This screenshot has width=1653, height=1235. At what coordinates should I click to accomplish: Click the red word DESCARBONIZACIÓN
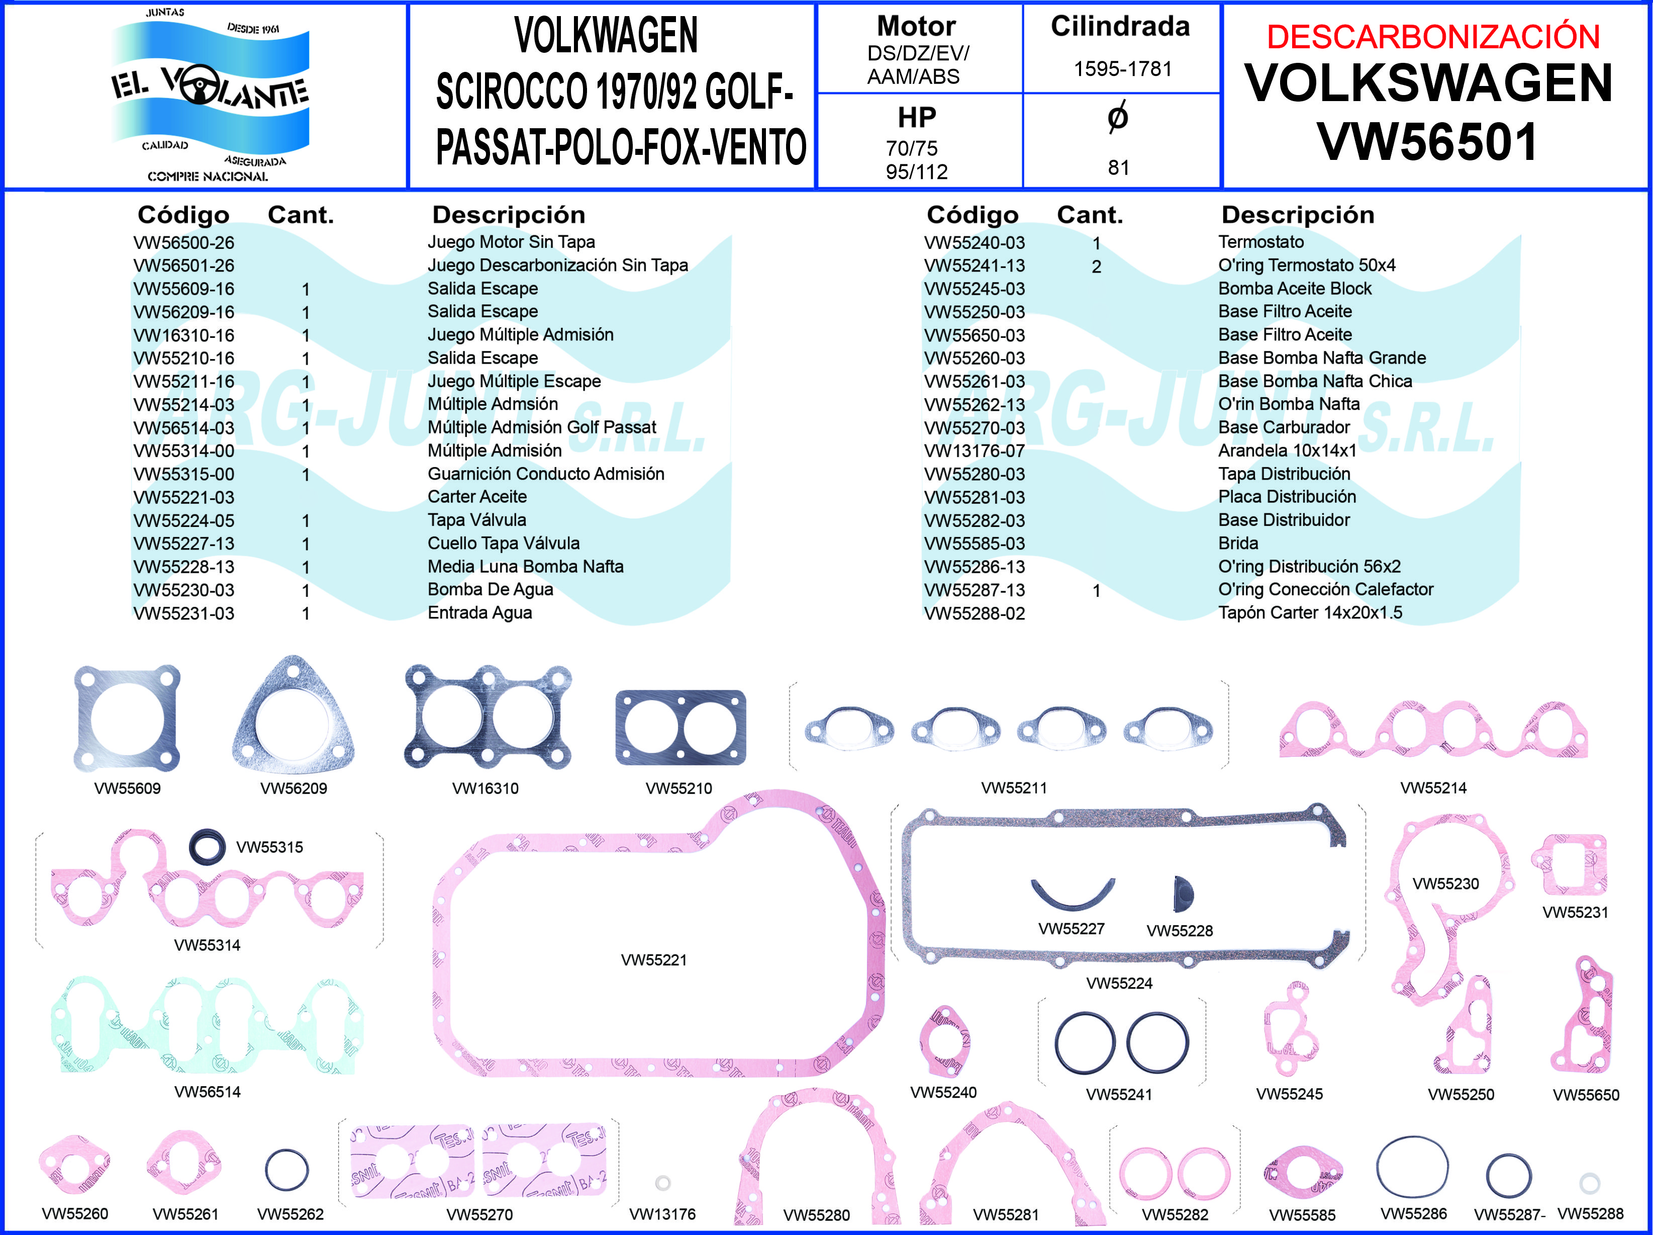[x=1432, y=37]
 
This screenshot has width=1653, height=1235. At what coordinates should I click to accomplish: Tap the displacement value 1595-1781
[x=1122, y=69]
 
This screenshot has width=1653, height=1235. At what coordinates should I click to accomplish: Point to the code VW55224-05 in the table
[x=184, y=521]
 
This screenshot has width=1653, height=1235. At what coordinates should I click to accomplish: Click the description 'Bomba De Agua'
[x=490, y=590]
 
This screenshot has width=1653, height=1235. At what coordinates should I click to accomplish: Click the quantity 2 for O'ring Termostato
[x=1096, y=267]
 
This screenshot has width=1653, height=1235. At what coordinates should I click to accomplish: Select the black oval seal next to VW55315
[x=207, y=847]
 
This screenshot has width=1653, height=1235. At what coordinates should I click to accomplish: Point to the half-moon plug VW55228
[x=1183, y=894]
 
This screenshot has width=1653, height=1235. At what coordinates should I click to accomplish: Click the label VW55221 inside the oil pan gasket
[x=654, y=960]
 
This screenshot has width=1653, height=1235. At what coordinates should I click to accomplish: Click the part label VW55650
[x=1586, y=1095]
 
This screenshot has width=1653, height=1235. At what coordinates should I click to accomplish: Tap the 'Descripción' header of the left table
[x=508, y=215]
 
